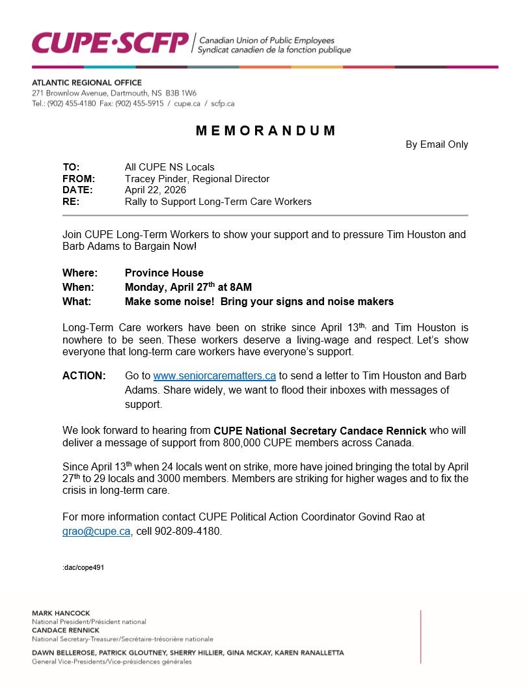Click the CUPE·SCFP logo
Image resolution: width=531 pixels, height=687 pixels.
(x=111, y=42)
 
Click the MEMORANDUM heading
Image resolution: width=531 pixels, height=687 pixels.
(x=265, y=131)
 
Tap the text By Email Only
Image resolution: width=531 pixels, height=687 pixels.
(x=437, y=144)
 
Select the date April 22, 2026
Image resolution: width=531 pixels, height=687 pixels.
(x=155, y=190)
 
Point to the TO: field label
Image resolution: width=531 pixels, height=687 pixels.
(x=71, y=167)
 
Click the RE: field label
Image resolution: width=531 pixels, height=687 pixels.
(x=71, y=202)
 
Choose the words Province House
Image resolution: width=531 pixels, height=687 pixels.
(x=164, y=273)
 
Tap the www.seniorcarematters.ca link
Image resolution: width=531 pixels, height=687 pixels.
(x=215, y=376)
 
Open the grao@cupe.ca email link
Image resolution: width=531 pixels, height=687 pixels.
(x=96, y=532)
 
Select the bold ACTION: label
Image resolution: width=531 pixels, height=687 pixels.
(x=84, y=376)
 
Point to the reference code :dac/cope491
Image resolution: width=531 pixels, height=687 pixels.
(x=83, y=567)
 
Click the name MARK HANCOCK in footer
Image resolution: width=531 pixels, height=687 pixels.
(x=61, y=613)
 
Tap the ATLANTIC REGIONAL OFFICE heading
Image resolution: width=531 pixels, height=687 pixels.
(x=87, y=83)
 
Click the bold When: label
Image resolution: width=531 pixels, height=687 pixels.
(x=78, y=287)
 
